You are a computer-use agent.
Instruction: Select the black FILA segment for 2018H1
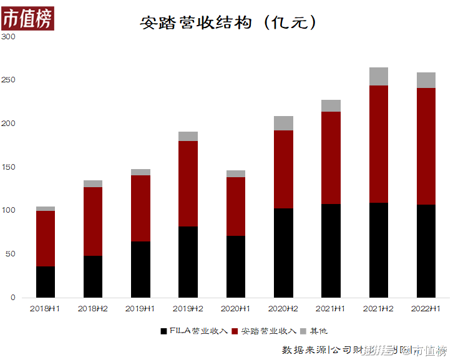click(46, 282)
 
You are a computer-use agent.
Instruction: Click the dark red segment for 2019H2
click(188, 183)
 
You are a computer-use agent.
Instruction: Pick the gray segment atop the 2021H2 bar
click(379, 76)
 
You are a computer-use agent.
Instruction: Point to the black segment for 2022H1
click(426, 251)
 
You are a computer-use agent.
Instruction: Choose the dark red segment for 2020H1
click(236, 207)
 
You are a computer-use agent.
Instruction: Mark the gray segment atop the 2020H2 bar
click(283, 123)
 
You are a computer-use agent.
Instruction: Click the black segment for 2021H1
click(331, 251)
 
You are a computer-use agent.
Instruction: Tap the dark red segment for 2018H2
click(93, 221)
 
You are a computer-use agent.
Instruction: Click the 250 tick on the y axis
click(8, 80)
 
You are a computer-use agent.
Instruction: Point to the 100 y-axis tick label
click(8, 211)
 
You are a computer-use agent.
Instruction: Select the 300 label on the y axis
click(8, 37)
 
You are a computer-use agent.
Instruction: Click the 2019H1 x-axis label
click(140, 308)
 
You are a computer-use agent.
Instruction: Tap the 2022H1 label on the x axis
click(426, 308)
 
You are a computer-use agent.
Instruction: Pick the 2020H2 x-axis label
click(283, 308)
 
